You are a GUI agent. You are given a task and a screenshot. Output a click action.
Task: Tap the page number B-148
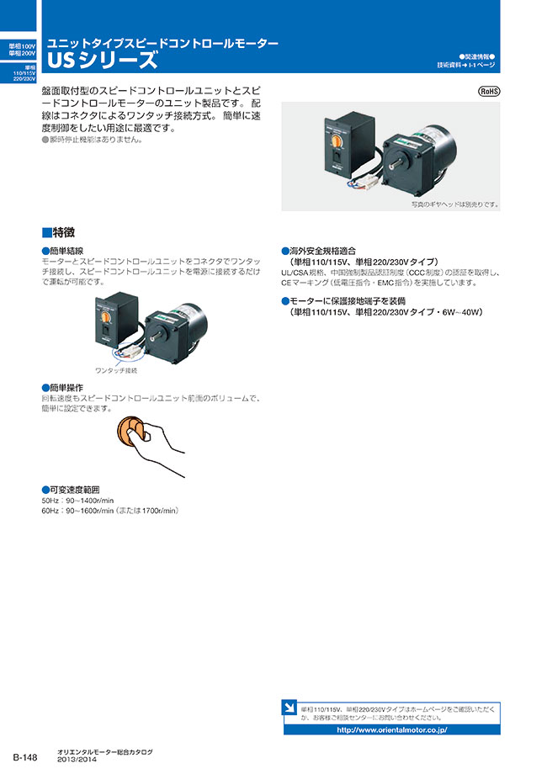click(x=25, y=757)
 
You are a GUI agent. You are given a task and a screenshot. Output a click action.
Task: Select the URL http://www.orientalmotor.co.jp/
click(x=391, y=729)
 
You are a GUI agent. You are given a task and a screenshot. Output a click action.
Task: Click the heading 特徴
click(x=63, y=232)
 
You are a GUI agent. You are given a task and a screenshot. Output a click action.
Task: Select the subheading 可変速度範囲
click(x=76, y=489)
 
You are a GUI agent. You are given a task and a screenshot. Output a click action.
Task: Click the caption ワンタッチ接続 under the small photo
click(x=116, y=369)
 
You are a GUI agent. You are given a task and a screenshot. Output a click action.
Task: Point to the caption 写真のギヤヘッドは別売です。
click(x=454, y=204)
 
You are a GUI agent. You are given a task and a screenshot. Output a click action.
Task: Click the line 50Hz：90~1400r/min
click(x=77, y=500)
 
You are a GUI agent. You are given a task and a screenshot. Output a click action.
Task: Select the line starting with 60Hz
click(x=109, y=511)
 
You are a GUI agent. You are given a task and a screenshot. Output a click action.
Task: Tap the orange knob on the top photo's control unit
click(x=335, y=134)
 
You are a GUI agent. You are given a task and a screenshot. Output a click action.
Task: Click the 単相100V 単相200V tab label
click(x=18, y=49)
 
